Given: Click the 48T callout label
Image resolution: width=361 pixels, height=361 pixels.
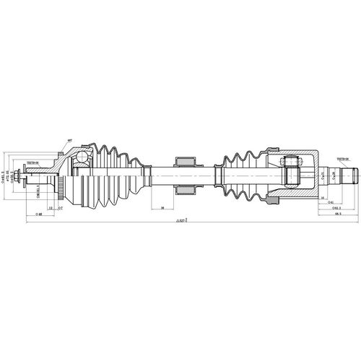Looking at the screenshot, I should coord(70,140).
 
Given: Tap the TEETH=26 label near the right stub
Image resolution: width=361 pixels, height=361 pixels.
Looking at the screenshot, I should coord(342,159).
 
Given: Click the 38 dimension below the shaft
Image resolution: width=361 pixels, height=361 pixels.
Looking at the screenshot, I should coord(162,208).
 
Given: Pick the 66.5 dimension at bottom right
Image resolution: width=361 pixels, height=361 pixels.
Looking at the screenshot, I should coord(338,214).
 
